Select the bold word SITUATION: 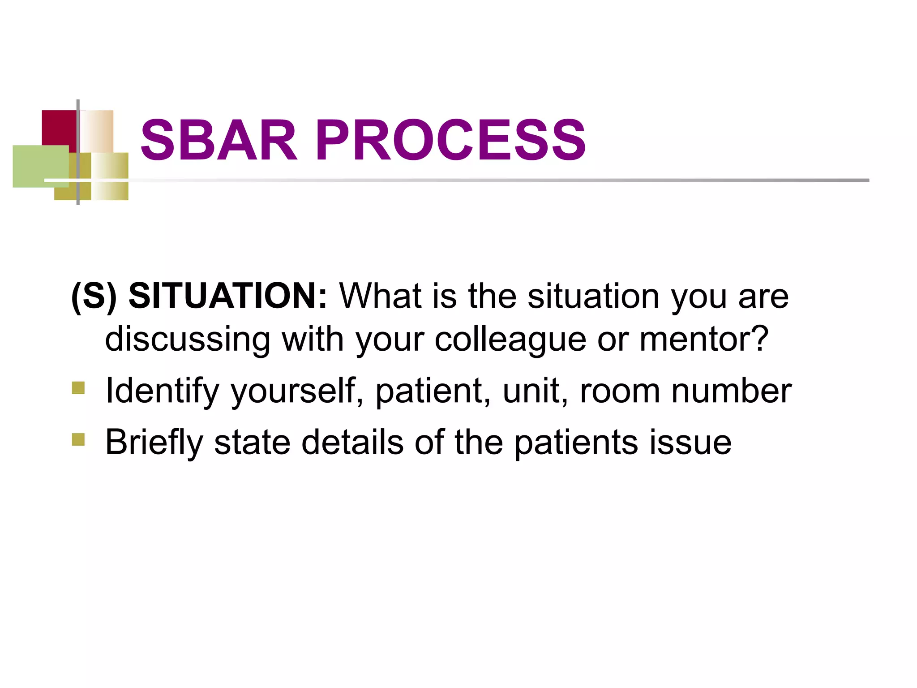point(228,296)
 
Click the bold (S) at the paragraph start point(94,296)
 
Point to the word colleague point(510,340)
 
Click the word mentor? point(704,339)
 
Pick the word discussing point(188,340)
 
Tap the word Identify point(162,391)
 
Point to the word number point(732,391)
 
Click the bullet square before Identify point(78,387)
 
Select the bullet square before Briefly point(78,439)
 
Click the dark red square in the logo point(58,127)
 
